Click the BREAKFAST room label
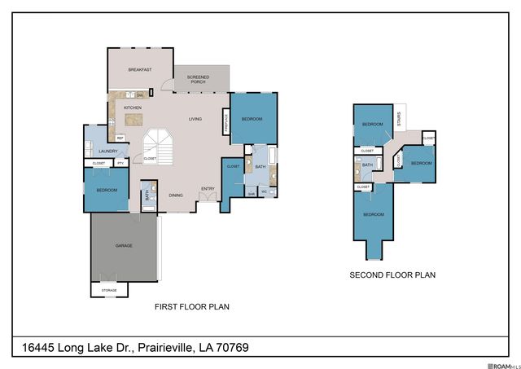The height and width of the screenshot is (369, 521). click(x=140, y=70)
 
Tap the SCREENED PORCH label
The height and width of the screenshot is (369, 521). click(x=198, y=80)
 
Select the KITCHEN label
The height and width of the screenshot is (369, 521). click(x=133, y=108)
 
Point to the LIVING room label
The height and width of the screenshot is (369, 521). click(x=195, y=119)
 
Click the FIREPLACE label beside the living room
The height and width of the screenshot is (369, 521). click(x=225, y=122)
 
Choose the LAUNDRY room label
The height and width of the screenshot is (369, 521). click(x=108, y=152)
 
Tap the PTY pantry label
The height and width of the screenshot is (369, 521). click(x=120, y=163)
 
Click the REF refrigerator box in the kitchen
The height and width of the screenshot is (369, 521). click(x=120, y=138)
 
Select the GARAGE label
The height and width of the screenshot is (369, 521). click(x=124, y=245)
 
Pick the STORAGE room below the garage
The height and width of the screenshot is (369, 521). click(x=109, y=290)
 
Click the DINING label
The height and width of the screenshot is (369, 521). click(x=175, y=195)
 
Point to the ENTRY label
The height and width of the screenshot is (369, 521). click(x=208, y=189)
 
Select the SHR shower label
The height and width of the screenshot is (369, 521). click(x=252, y=193)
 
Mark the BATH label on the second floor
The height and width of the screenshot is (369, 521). click(x=367, y=165)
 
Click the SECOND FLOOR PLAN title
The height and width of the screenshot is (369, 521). click(x=392, y=275)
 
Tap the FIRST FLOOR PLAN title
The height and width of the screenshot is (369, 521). click(x=192, y=307)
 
